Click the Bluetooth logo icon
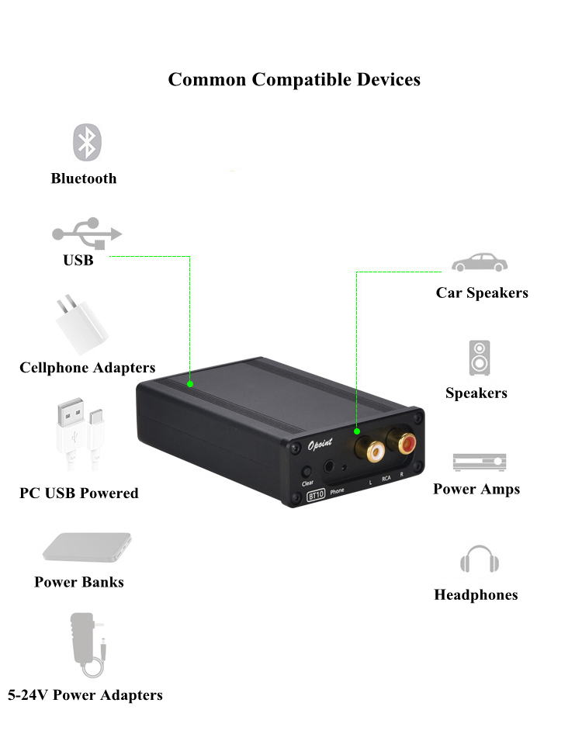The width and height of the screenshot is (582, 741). [x=87, y=142]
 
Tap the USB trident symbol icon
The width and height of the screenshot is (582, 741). [x=87, y=232]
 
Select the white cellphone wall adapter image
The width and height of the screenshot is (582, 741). [x=81, y=324]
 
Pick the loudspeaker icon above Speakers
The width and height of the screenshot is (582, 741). [x=479, y=358]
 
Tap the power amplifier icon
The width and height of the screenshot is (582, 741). [x=479, y=462]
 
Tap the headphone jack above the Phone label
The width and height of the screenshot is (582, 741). [x=334, y=468]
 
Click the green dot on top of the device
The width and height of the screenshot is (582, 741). [x=190, y=383]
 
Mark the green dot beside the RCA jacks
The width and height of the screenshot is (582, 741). [x=357, y=431]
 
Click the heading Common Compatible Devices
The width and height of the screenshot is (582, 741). [x=294, y=79]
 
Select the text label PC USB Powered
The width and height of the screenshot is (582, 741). [x=79, y=493]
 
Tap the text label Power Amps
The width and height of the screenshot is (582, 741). [x=476, y=489]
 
